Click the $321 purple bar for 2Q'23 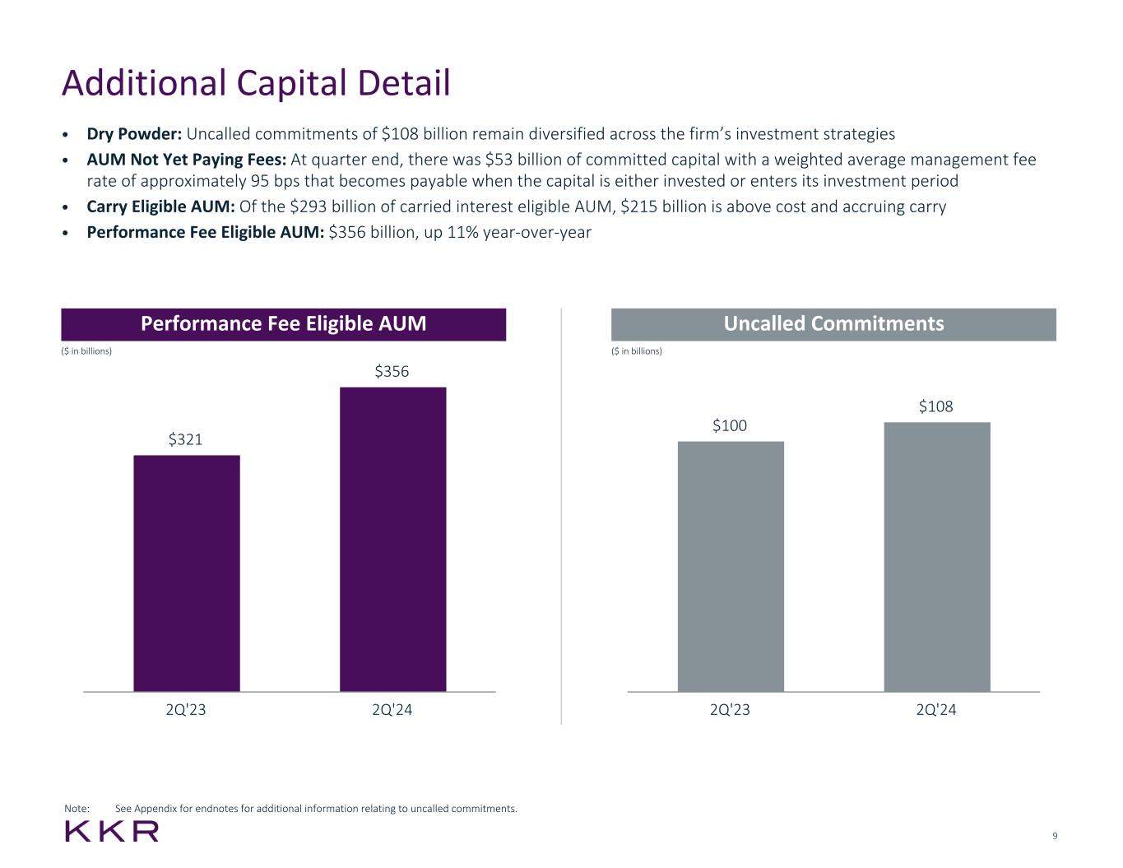pyautogui.click(x=187, y=573)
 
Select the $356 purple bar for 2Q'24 pyautogui.click(x=392, y=539)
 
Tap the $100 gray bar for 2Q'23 pyautogui.click(x=731, y=566)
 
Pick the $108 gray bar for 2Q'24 pyautogui.click(x=937, y=556)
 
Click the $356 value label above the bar pyautogui.click(x=392, y=372)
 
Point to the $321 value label pyautogui.click(x=186, y=439)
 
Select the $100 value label pyautogui.click(x=730, y=425)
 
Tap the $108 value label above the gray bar pyautogui.click(x=936, y=406)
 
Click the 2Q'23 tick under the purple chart pyautogui.click(x=186, y=710)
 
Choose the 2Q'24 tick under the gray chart pyautogui.click(x=936, y=710)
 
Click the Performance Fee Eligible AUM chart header pyautogui.click(x=283, y=324)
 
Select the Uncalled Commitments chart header pyautogui.click(x=833, y=324)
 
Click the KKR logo pyautogui.click(x=112, y=832)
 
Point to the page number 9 pyautogui.click(x=1055, y=837)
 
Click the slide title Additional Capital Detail pyautogui.click(x=256, y=84)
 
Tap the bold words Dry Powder pyautogui.click(x=134, y=134)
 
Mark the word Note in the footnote pyautogui.click(x=77, y=809)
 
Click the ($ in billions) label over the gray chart pyautogui.click(x=637, y=351)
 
